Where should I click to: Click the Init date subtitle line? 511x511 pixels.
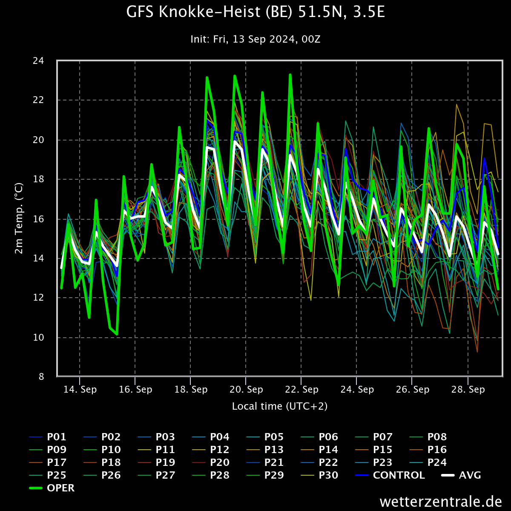(x=255, y=39)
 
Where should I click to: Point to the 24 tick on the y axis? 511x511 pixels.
(x=38, y=61)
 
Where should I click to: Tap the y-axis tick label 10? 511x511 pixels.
(x=38, y=338)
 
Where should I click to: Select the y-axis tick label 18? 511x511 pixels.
(x=38, y=179)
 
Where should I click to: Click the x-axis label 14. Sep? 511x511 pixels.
(x=80, y=390)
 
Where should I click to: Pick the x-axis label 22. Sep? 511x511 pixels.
(x=302, y=390)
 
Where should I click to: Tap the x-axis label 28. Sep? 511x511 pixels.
(x=468, y=390)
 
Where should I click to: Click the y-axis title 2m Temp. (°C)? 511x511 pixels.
(x=19, y=218)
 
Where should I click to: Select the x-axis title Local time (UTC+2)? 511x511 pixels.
(x=280, y=406)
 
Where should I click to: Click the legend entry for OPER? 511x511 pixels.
(x=52, y=488)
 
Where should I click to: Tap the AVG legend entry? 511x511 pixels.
(x=461, y=475)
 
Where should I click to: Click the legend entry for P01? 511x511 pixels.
(x=48, y=437)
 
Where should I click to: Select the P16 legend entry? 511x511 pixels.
(x=428, y=450)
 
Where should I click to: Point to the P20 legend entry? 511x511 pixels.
(x=211, y=462)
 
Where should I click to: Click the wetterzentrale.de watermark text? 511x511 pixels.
(x=441, y=502)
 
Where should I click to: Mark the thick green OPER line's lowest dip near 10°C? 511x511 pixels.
(x=117, y=334)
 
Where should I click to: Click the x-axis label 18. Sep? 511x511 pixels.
(x=191, y=390)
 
